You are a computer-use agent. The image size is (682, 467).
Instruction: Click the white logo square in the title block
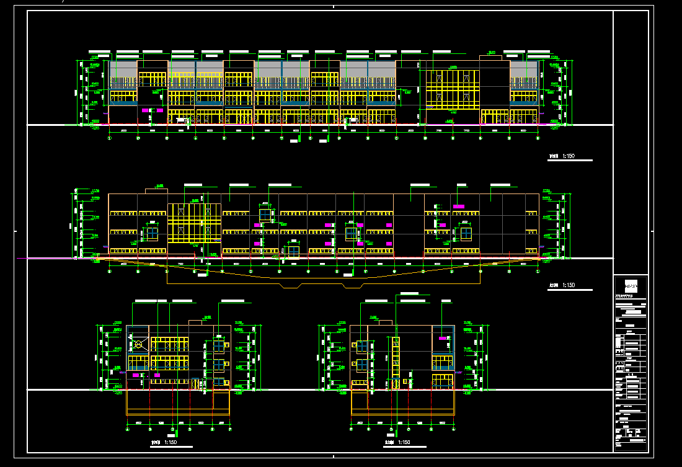tap(631, 287)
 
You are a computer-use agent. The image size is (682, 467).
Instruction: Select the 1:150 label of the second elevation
tap(567, 285)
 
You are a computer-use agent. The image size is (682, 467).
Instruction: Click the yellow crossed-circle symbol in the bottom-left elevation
tap(139, 344)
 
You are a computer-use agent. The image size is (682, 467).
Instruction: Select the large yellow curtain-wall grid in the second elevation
tap(194, 223)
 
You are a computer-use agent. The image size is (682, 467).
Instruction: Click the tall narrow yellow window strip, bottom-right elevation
tap(396, 363)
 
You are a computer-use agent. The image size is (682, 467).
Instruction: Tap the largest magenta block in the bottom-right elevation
tap(443, 338)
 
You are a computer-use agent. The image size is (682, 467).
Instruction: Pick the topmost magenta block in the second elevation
tap(459, 206)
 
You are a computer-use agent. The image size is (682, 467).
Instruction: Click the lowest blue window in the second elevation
tap(291, 250)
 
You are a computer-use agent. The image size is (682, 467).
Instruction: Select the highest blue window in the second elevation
tap(265, 215)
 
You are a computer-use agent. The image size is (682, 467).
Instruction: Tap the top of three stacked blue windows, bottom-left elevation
tap(219, 345)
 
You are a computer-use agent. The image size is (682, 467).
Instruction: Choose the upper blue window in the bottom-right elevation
tap(361, 345)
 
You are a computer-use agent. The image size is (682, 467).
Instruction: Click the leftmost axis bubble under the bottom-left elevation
tap(128, 429)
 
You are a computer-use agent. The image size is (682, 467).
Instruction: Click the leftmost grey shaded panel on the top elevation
tap(123, 69)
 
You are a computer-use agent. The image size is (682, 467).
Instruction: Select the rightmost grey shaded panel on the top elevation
tap(524, 69)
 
